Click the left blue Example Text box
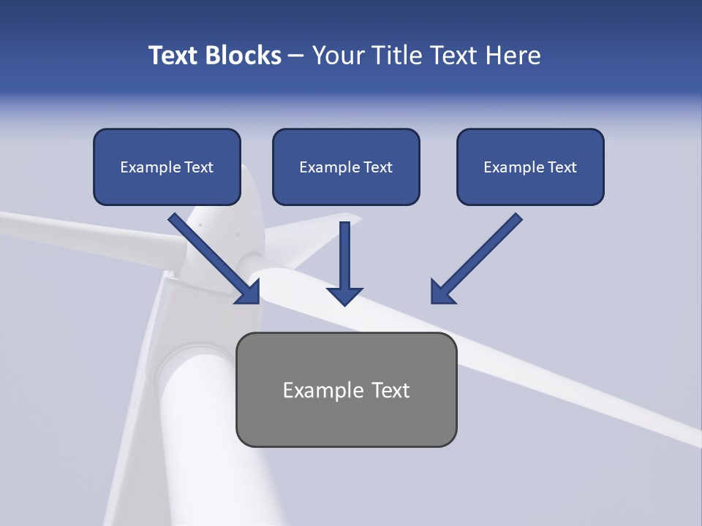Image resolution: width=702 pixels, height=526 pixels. [167, 167]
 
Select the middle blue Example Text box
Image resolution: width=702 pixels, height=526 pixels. [346, 167]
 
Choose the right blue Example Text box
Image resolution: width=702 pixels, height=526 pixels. [530, 167]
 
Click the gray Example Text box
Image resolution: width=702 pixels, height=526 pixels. [346, 389]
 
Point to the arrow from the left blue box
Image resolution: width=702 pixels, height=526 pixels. [212, 256]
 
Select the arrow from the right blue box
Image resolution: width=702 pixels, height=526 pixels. [479, 256]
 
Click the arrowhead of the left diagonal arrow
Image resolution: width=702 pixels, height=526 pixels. [249, 292]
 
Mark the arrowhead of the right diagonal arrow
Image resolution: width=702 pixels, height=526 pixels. [441, 292]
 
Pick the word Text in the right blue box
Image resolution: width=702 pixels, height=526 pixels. [562, 167]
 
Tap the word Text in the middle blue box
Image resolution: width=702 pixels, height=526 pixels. [377, 167]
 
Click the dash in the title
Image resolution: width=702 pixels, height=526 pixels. [296, 56]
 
